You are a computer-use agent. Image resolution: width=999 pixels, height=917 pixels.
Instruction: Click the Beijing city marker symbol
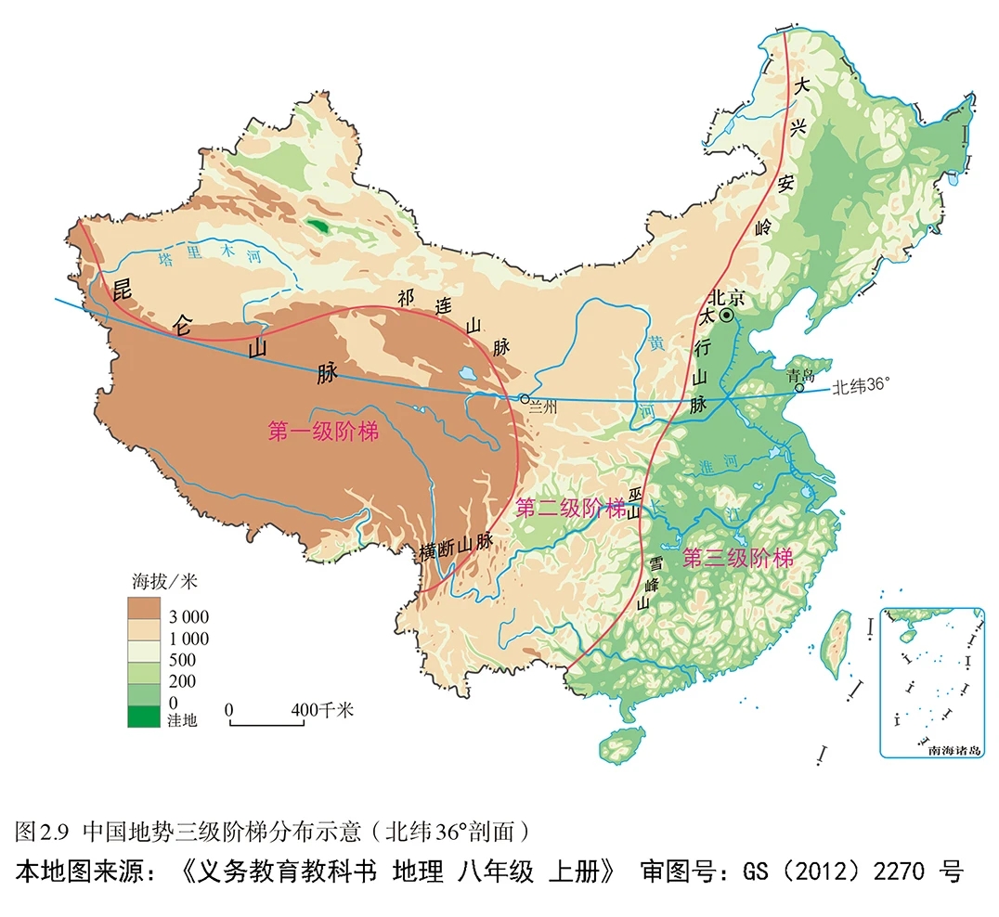(727, 316)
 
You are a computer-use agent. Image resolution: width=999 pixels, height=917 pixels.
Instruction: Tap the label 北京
(726, 296)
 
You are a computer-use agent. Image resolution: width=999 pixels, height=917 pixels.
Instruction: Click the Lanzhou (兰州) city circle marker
(524, 398)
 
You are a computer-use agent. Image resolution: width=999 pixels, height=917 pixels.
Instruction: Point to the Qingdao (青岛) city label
(798, 375)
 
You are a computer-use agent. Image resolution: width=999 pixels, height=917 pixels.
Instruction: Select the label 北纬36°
(867, 387)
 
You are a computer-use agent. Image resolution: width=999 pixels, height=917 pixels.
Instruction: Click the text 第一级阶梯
(323, 432)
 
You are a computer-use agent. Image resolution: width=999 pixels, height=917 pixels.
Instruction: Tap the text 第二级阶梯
(570, 508)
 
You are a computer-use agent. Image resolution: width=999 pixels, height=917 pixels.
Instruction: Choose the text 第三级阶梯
(738, 559)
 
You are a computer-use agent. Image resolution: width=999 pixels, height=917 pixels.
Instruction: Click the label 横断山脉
(455, 547)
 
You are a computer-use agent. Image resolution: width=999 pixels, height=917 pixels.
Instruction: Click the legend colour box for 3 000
(143, 608)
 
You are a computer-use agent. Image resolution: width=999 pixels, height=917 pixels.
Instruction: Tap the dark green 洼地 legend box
(143, 716)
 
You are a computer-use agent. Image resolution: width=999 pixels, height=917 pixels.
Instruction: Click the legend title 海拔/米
(161, 582)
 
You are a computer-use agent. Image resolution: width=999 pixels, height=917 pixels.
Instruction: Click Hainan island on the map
(621, 743)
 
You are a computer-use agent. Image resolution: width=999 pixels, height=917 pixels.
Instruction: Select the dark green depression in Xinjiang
(319, 226)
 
